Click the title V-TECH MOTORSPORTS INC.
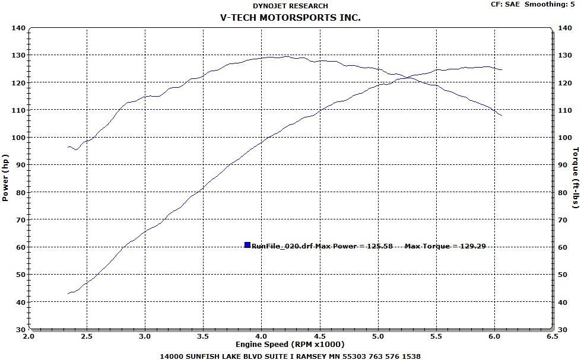[290, 18]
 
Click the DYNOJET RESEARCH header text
[290, 5]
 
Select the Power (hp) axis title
[5, 178]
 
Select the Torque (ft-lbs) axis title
[575, 178]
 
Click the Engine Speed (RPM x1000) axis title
[290, 344]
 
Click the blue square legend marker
[247, 245]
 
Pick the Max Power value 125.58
[380, 246]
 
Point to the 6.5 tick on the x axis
[553, 335]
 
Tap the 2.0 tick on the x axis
[28, 335]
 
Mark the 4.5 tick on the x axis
[320, 335]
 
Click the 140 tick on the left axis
[18, 28]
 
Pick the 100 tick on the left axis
[18, 138]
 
